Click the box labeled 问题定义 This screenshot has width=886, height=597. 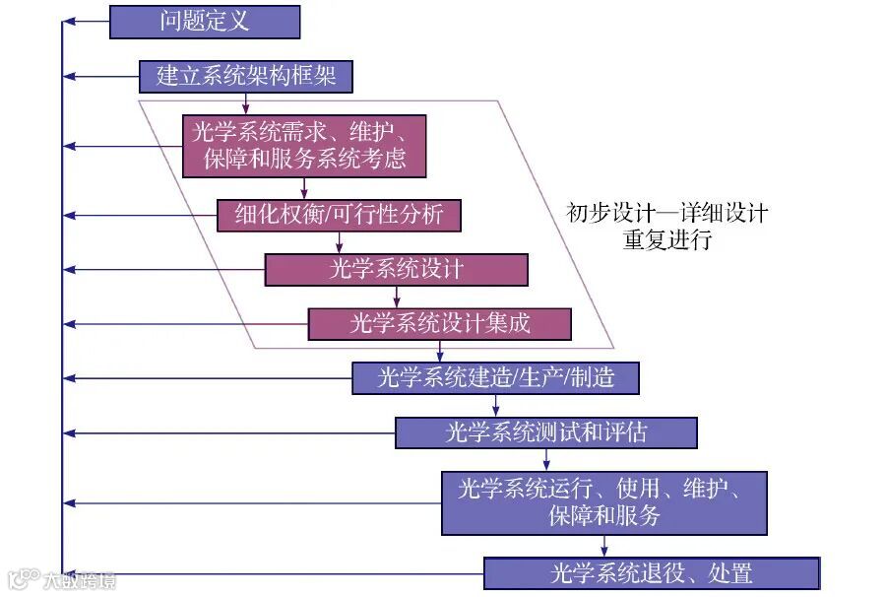[x=204, y=21]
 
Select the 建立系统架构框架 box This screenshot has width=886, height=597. [x=246, y=76]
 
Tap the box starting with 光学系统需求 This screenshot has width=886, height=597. [x=304, y=146]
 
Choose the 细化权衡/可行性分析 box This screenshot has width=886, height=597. [x=339, y=215]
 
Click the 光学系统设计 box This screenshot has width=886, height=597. [x=396, y=269]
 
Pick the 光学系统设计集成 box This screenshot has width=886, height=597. [x=439, y=324]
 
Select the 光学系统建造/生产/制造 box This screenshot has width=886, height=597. [x=495, y=377]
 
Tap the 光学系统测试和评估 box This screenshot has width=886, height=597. [x=545, y=432]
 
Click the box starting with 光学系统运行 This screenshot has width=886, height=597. [x=603, y=502]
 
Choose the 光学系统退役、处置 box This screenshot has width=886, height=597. [x=651, y=572]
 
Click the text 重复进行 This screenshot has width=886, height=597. [x=666, y=240]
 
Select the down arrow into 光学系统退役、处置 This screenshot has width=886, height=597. [x=603, y=546]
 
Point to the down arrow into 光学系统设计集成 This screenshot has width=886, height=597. [x=397, y=298]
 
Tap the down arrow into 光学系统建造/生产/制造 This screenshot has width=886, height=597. [x=439, y=353]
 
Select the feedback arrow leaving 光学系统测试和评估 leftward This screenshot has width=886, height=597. [x=226, y=432]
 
